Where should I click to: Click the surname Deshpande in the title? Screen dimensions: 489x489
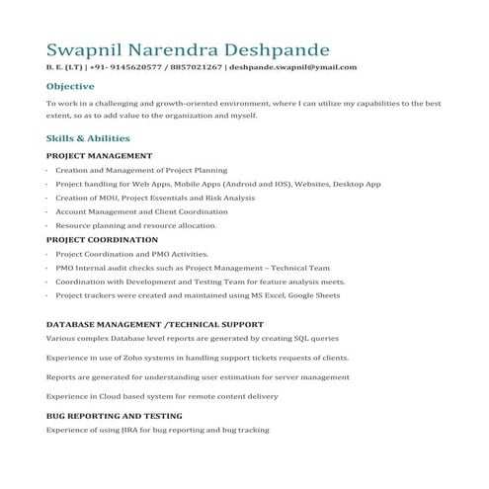click(x=280, y=49)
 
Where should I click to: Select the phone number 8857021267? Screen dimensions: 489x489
click(x=197, y=67)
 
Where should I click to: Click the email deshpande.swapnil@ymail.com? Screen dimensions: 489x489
click(x=292, y=67)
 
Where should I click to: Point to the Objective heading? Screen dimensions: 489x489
click(x=70, y=86)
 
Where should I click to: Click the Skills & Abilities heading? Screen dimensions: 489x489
click(x=88, y=138)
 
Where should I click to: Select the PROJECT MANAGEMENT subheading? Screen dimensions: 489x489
click(x=99, y=156)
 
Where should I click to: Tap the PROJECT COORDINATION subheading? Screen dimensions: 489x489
click(x=102, y=240)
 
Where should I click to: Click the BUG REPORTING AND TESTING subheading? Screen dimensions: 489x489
click(x=114, y=416)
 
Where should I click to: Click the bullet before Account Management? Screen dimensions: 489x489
click(x=47, y=211)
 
